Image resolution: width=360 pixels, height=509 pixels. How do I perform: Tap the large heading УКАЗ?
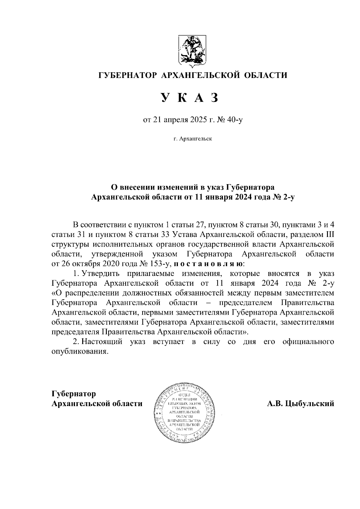tap(189, 98)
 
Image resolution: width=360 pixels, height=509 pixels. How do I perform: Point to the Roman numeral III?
tap(329, 234)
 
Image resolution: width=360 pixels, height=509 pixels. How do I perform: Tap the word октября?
tap(86, 264)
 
